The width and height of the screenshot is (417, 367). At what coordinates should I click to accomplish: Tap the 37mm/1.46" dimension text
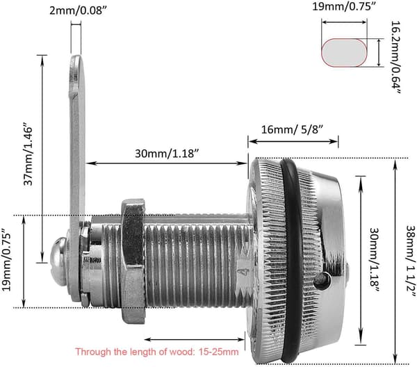28,154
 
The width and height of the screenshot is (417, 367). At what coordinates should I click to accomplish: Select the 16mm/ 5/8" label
292,129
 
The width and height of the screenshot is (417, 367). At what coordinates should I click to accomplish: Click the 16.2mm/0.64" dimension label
396,56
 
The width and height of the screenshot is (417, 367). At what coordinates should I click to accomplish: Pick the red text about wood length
157,352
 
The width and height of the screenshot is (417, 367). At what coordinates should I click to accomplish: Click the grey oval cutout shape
345,53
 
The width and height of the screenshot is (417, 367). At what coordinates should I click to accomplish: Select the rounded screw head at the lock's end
58,262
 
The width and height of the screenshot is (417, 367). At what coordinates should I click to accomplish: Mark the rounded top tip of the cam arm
76,56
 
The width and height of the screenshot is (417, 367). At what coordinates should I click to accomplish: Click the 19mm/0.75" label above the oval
345,6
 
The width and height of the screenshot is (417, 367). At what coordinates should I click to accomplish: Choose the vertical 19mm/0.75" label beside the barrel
7,259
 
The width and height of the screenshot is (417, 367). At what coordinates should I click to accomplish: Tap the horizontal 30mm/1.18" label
167,154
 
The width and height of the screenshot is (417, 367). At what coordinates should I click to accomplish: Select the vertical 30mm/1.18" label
375,261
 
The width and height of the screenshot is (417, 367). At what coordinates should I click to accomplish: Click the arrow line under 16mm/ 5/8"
293,141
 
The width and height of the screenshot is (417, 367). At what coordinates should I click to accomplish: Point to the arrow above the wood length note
195,340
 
